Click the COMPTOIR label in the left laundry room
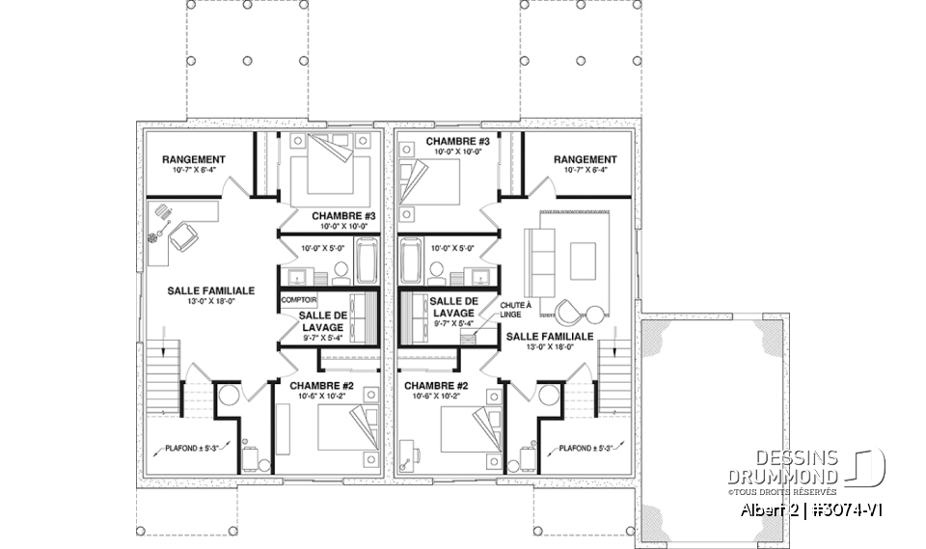click(x=299, y=300)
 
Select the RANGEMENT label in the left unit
click(x=194, y=160)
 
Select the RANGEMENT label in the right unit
click(x=586, y=160)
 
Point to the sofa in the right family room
click(x=540, y=253)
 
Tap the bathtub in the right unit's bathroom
click(x=410, y=260)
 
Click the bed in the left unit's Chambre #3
click(x=328, y=169)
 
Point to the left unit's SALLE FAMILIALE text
click(x=210, y=289)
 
